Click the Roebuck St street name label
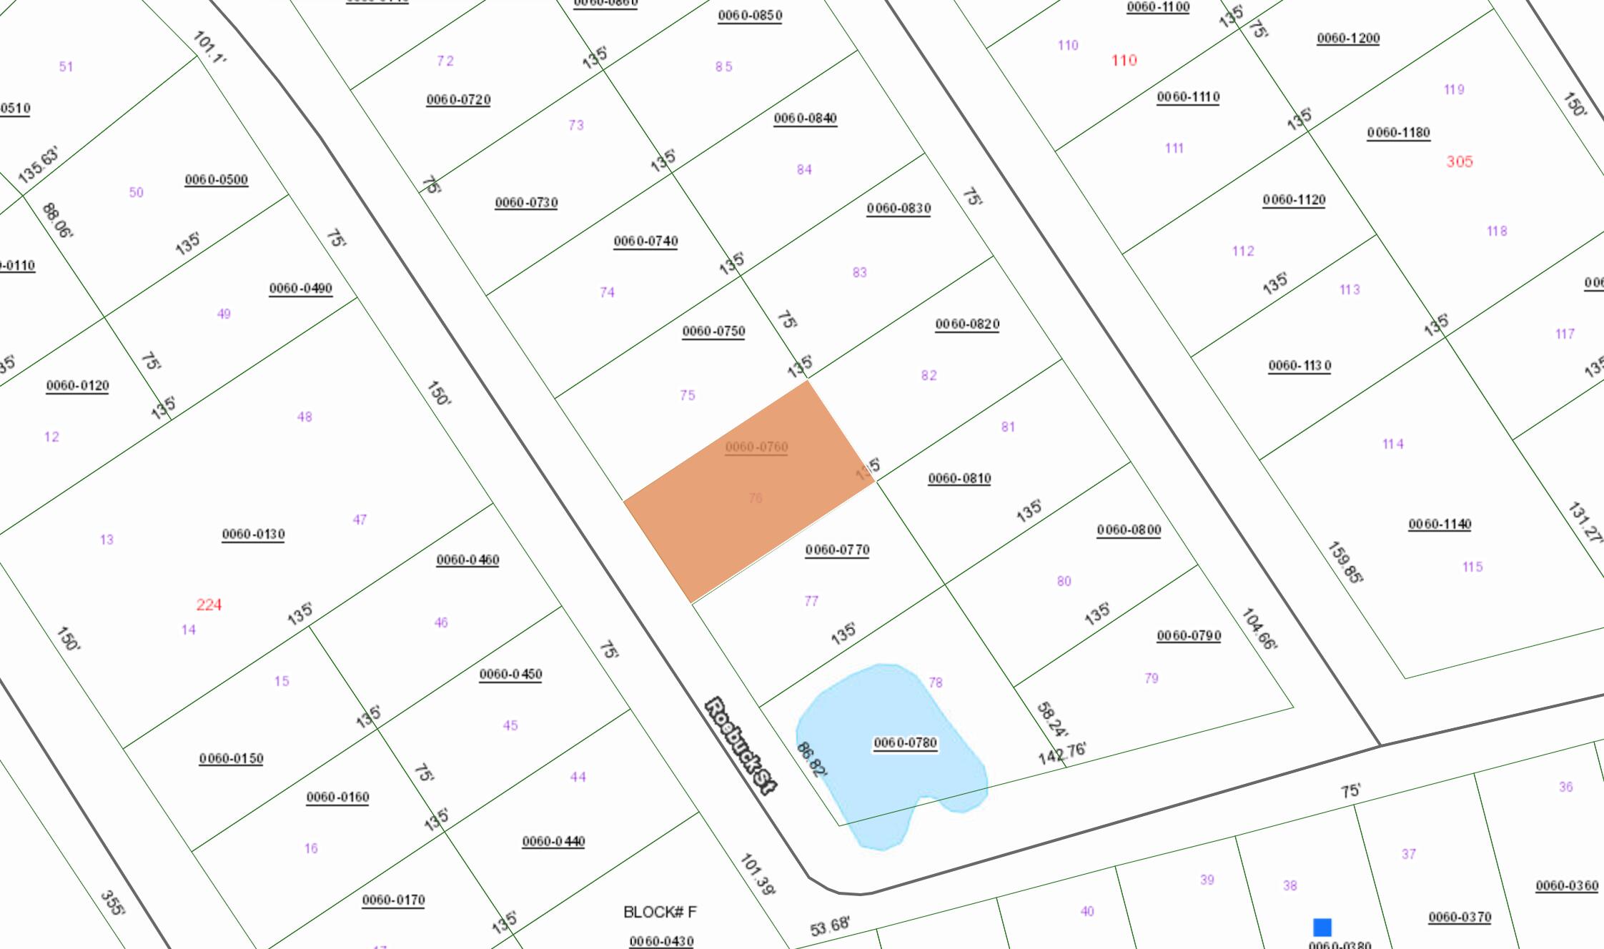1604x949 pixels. coord(741,745)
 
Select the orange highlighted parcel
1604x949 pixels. coord(749,492)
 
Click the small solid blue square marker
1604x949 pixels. coord(1322,927)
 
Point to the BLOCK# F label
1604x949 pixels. coord(659,912)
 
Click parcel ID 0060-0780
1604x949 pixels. coord(905,743)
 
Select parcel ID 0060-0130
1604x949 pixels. coord(253,535)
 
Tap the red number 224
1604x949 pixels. coord(209,605)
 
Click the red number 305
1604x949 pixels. coord(1459,162)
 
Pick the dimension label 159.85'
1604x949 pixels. coord(1344,562)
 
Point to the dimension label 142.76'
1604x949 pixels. coord(1062,752)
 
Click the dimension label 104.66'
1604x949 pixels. coord(1259,629)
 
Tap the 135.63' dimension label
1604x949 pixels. coord(38,165)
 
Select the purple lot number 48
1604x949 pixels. coord(305,417)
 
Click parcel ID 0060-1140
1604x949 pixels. coord(1440,525)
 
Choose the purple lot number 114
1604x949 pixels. coord(1392,444)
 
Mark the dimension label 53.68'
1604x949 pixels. coord(829,926)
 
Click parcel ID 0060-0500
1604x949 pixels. coord(216,180)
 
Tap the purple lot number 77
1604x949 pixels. coord(811,601)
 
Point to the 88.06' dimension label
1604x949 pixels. coord(57,221)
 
